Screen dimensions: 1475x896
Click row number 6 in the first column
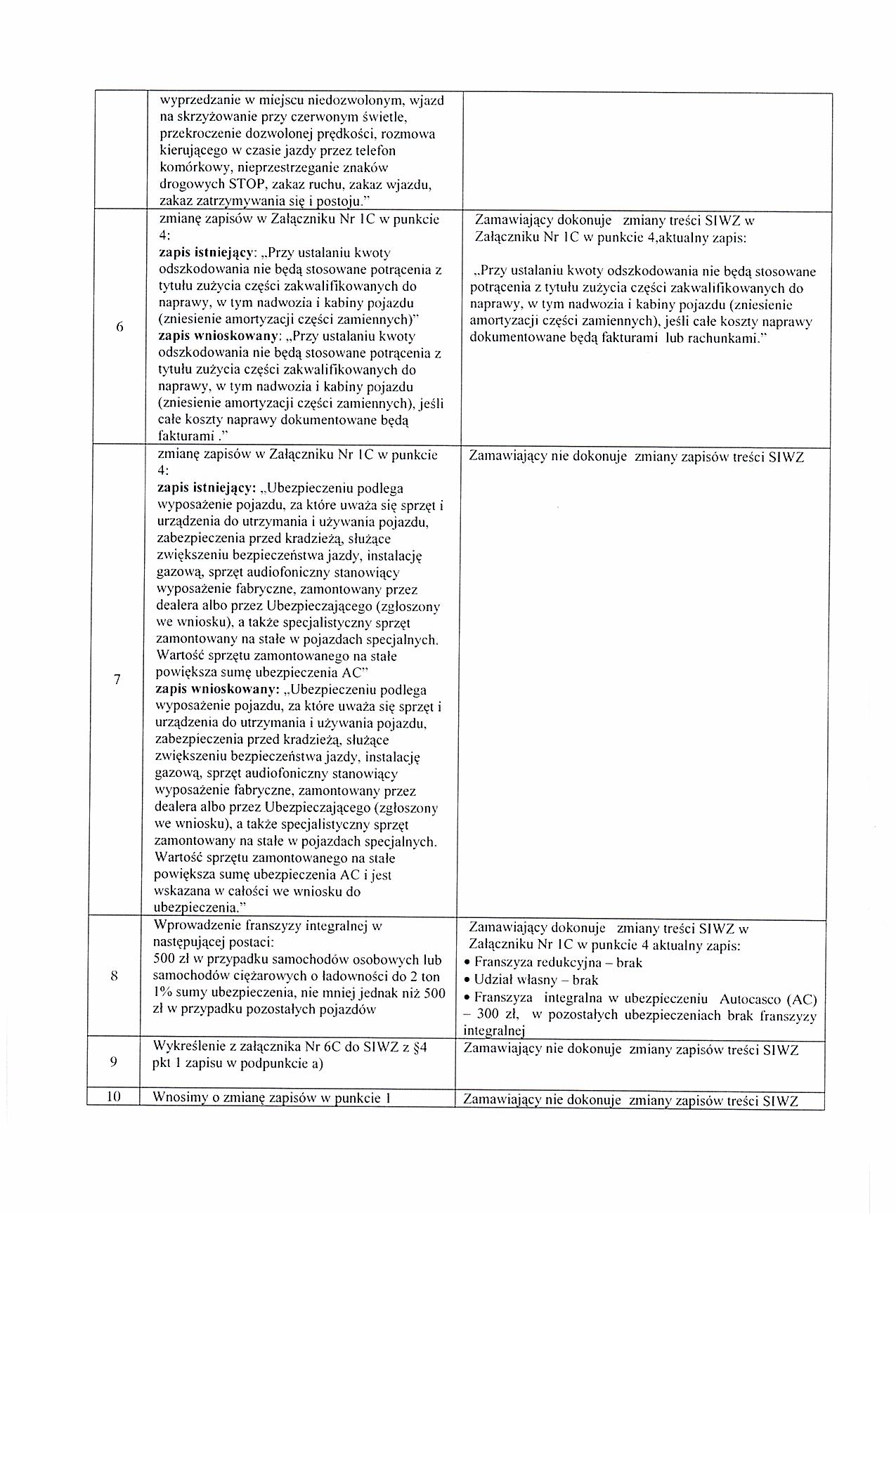pyautogui.click(x=120, y=326)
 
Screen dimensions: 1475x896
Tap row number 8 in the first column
pyautogui.click(x=114, y=976)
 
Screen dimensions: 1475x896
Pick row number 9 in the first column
pyautogui.click(x=113, y=1061)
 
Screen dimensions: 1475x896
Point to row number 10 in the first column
pyautogui.click(x=113, y=1098)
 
